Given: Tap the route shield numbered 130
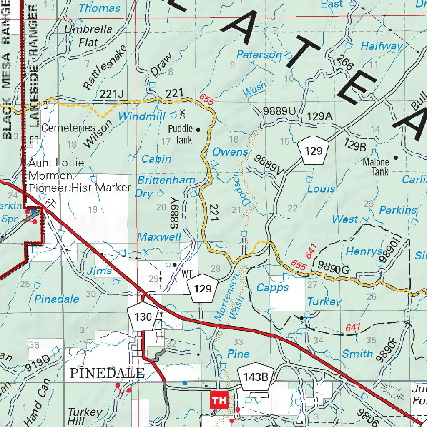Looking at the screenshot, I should pyautogui.click(x=143, y=317).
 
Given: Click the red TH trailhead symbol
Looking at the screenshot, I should pyautogui.click(x=219, y=400).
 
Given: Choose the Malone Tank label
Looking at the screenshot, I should pyautogui.click(x=376, y=166).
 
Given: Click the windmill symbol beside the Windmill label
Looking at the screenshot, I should pyautogui.click(x=182, y=113).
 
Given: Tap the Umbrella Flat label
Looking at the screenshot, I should pyautogui.click(x=88, y=35).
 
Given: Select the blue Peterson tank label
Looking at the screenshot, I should pyautogui.click(x=259, y=54).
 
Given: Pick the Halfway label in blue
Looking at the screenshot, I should pyautogui.click(x=382, y=46).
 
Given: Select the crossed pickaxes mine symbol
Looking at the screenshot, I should pyautogui.click(x=51, y=203).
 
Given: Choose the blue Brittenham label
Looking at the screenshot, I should pyautogui.click(x=166, y=180).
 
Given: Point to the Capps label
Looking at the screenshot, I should pyautogui.click(x=272, y=288).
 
